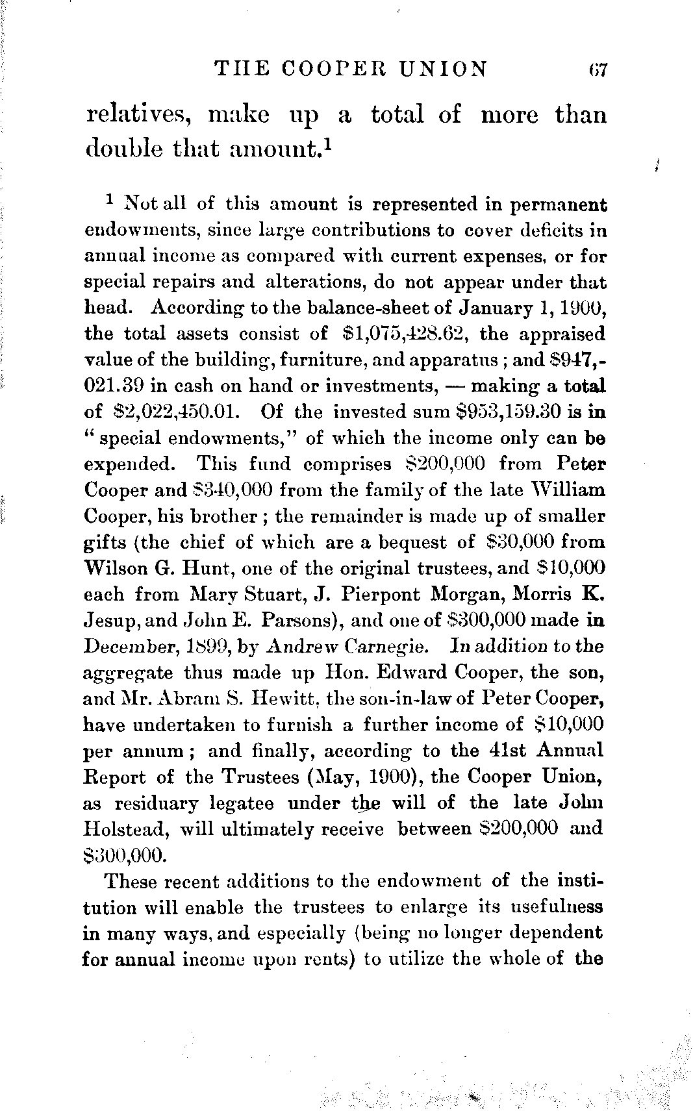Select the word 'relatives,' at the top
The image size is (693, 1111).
138,116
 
